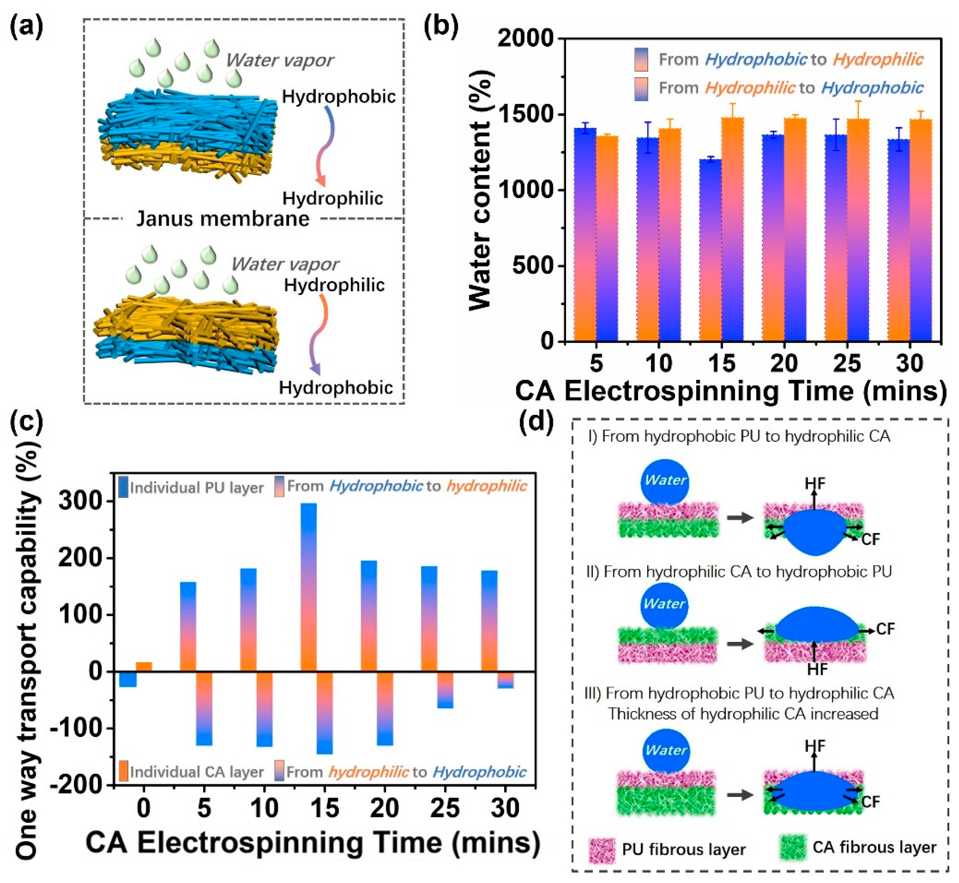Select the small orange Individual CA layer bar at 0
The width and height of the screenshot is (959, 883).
click(x=144, y=667)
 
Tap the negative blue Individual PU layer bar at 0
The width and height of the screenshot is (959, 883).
click(x=128, y=679)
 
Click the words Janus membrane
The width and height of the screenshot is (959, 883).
click(x=223, y=219)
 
